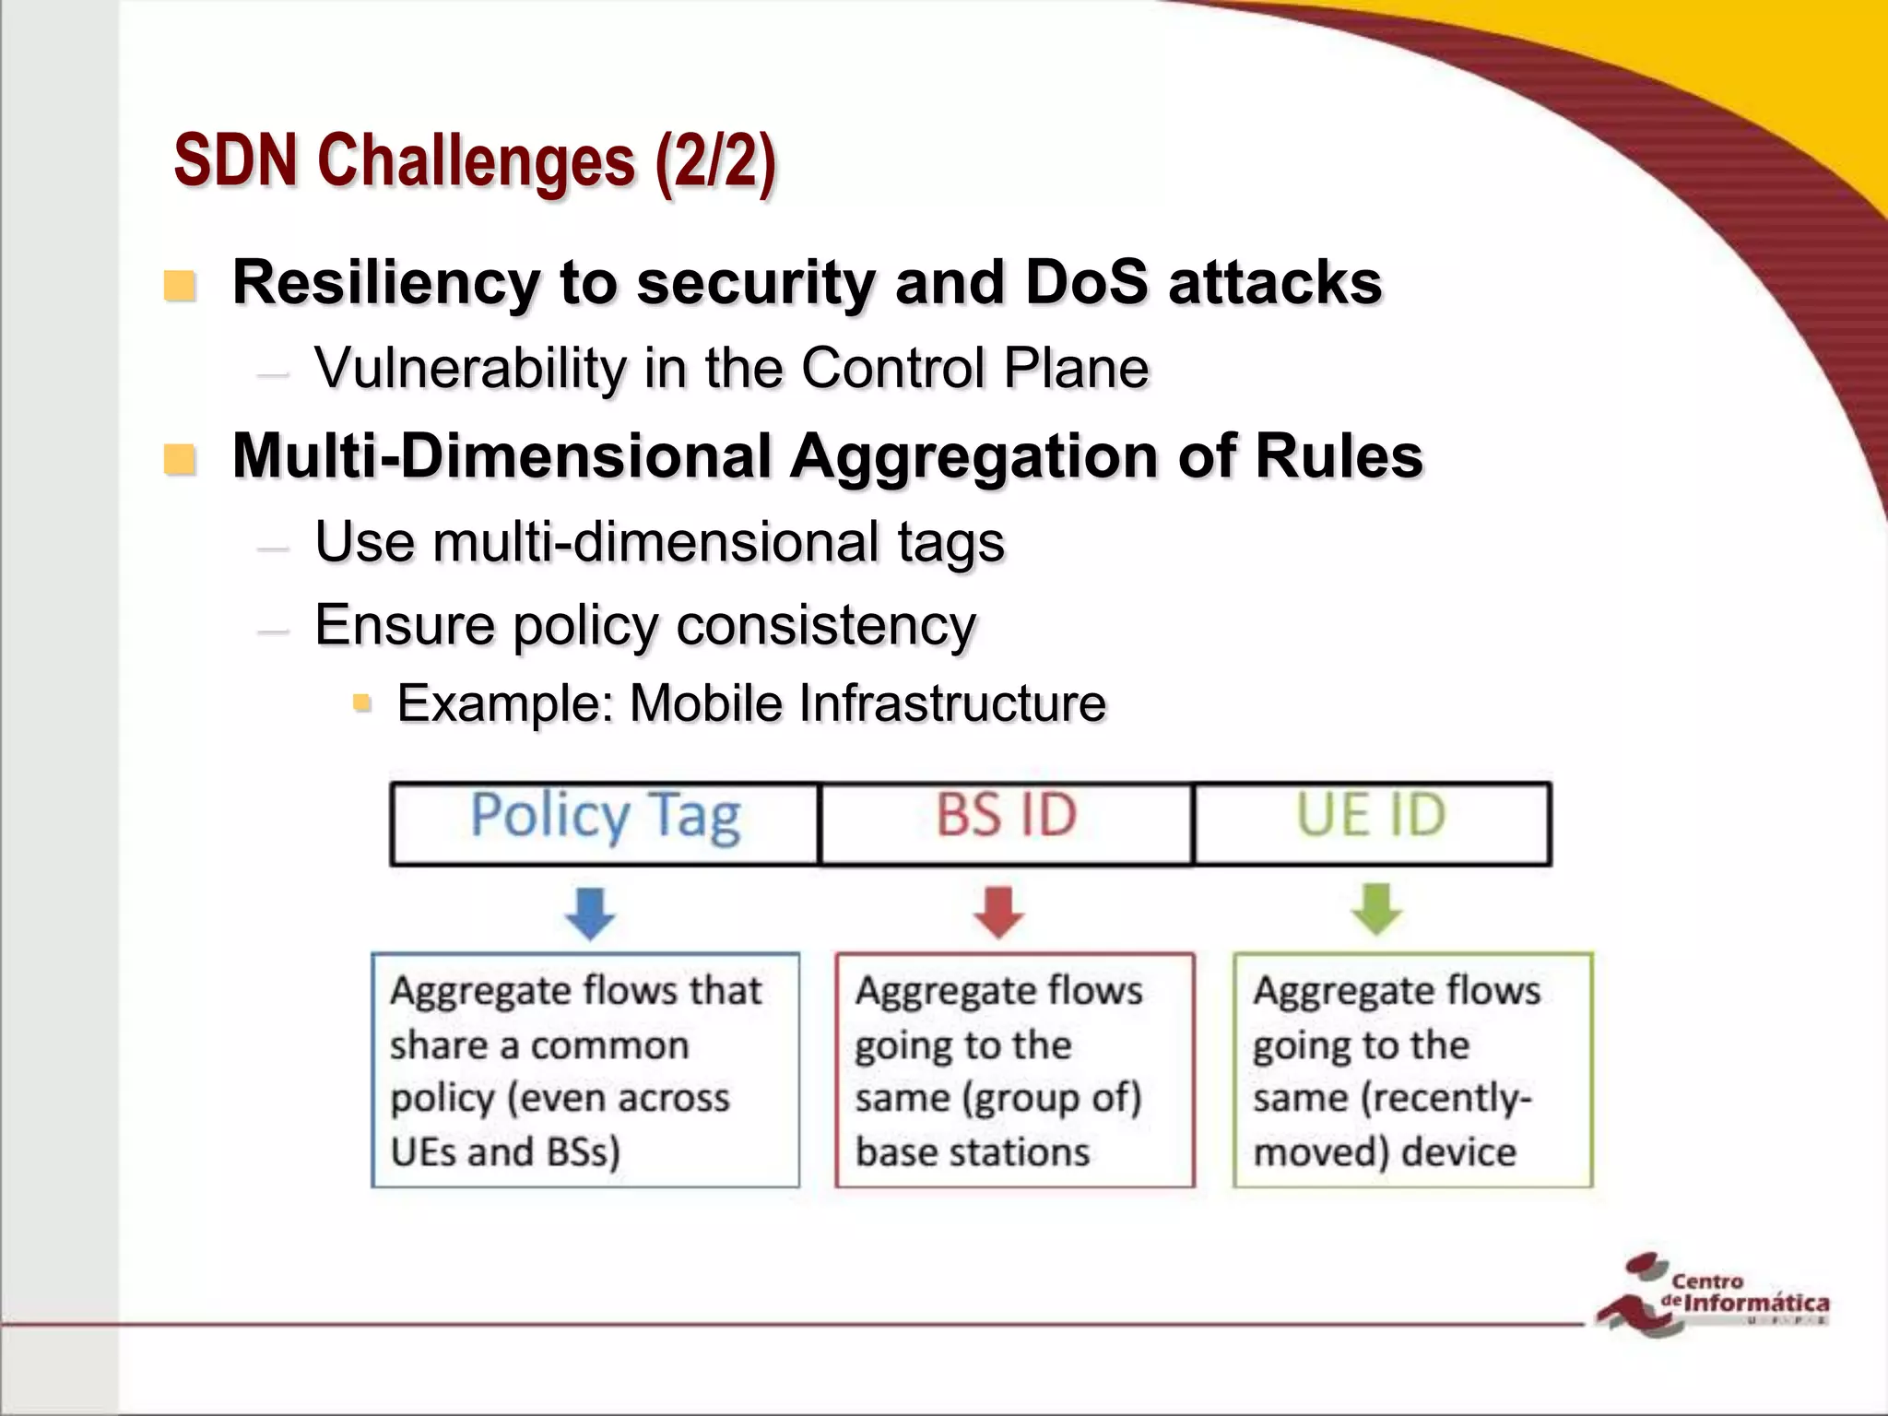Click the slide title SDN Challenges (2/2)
point(475,161)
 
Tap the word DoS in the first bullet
point(1086,282)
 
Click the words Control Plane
point(974,369)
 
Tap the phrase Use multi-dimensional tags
point(659,542)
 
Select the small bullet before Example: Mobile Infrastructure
point(362,704)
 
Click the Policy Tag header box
point(605,823)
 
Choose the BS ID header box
point(1006,823)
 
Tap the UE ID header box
point(1371,823)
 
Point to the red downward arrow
point(999,912)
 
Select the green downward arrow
point(1376,909)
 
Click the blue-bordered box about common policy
point(584,1069)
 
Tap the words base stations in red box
point(972,1152)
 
